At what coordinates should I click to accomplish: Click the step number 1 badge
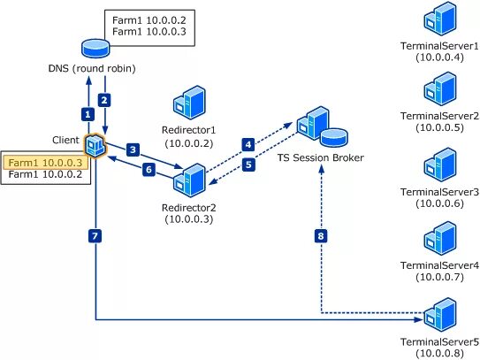(87, 114)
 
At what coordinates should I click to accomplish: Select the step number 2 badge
(104, 99)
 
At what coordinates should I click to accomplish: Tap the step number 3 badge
(133, 150)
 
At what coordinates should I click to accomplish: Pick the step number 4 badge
(248, 143)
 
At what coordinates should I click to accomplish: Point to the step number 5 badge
(248, 164)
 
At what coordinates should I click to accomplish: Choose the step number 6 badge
(149, 169)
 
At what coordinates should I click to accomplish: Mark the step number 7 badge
(95, 235)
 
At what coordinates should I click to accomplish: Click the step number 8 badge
(320, 236)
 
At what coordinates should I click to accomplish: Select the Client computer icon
(95, 143)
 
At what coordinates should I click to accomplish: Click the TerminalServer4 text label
(439, 265)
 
